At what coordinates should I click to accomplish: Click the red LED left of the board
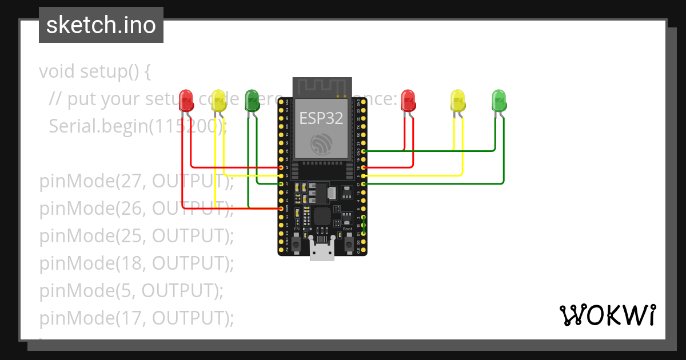pyautogui.click(x=186, y=101)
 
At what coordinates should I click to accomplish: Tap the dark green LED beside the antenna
pyautogui.click(x=252, y=100)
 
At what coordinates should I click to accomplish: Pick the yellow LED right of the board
pyautogui.click(x=457, y=100)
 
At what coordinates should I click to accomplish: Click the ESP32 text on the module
pyautogui.click(x=322, y=118)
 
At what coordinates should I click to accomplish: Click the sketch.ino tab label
pyautogui.click(x=101, y=25)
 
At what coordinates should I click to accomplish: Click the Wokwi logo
pyautogui.click(x=607, y=315)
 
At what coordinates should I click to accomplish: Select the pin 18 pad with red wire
pyautogui.click(x=364, y=167)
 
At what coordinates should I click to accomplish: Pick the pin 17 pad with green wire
pyautogui.click(x=364, y=184)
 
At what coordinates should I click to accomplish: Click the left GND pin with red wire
pyautogui.click(x=280, y=209)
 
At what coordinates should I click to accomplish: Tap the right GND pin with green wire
pyautogui.click(x=364, y=151)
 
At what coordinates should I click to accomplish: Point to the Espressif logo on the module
pyautogui.click(x=322, y=143)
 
